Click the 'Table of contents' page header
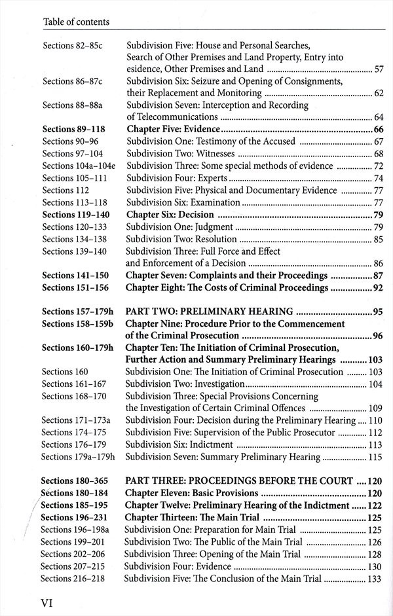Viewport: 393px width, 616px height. coord(75,22)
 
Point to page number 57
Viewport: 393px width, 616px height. coord(378,69)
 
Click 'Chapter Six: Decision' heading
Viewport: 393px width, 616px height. coord(170,215)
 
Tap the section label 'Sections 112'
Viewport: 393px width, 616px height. coord(65,190)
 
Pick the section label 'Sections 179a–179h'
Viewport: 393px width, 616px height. coord(77,457)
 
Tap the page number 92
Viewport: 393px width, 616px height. coord(377,287)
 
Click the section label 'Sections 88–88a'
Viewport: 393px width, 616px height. coord(72,105)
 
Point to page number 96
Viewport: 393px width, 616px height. coord(377,336)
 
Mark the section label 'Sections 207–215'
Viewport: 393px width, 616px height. coord(72,566)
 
